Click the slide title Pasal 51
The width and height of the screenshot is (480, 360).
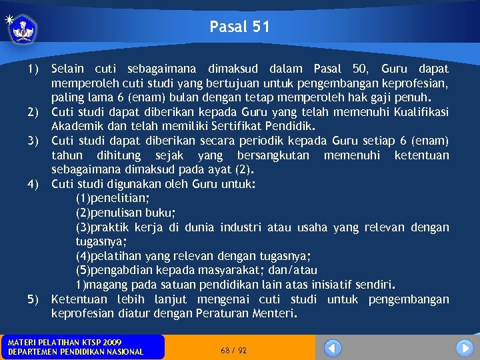click(239, 27)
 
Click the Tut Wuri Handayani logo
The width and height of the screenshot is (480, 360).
click(23, 29)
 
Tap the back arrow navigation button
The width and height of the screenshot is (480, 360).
click(333, 347)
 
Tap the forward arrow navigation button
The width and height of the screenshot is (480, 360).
click(465, 347)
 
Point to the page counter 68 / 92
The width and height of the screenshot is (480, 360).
click(233, 350)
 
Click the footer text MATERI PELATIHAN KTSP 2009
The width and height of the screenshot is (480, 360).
click(65, 342)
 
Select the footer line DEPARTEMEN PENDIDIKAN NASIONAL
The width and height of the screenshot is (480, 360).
click(75, 352)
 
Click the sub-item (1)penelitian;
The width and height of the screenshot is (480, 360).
click(113, 198)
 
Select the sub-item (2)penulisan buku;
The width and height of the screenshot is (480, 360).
click(126, 213)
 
